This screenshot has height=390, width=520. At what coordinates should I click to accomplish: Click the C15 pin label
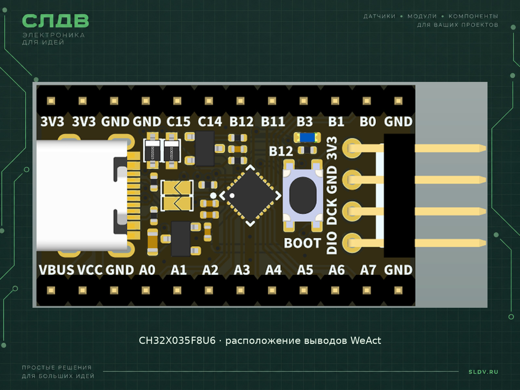[178, 122]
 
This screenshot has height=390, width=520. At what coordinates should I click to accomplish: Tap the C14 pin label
[210, 122]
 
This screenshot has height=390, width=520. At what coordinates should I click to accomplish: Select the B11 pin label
[273, 122]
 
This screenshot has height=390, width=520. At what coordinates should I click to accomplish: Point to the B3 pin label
[305, 122]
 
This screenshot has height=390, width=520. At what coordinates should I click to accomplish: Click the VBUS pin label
[56, 270]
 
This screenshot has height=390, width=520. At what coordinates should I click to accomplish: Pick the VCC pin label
[90, 270]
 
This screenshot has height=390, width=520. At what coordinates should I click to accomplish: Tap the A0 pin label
[147, 270]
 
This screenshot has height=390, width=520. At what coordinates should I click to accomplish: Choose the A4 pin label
[273, 270]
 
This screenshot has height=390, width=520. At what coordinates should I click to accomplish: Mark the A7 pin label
[368, 270]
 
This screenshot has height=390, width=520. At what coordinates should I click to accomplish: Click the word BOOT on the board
[303, 243]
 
